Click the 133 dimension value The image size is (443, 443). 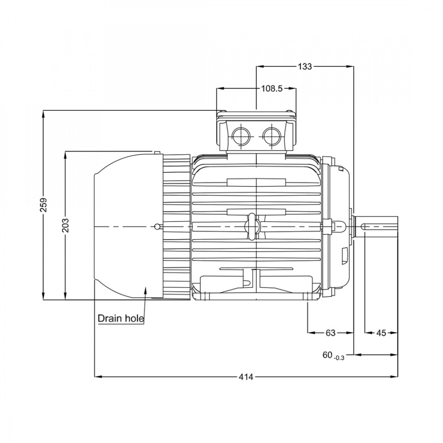[305, 67]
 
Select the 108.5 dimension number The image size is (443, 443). [272, 89]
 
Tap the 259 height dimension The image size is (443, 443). [43, 205]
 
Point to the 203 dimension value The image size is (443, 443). [65, 225]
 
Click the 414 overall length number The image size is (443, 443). [246, 377]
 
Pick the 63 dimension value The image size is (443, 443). [330, 333]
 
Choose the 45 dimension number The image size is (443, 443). [381, 333]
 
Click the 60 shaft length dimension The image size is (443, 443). [327, 355]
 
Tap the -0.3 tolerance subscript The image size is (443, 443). [339, 358]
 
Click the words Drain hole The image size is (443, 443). [120, 319]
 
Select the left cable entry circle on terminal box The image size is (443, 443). [241, 136]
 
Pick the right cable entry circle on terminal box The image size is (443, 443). [272, 136]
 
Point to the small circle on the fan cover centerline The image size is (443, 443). [157, 226]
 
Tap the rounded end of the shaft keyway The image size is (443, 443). [363, 226]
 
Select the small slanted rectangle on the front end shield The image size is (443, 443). [344, 256]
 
